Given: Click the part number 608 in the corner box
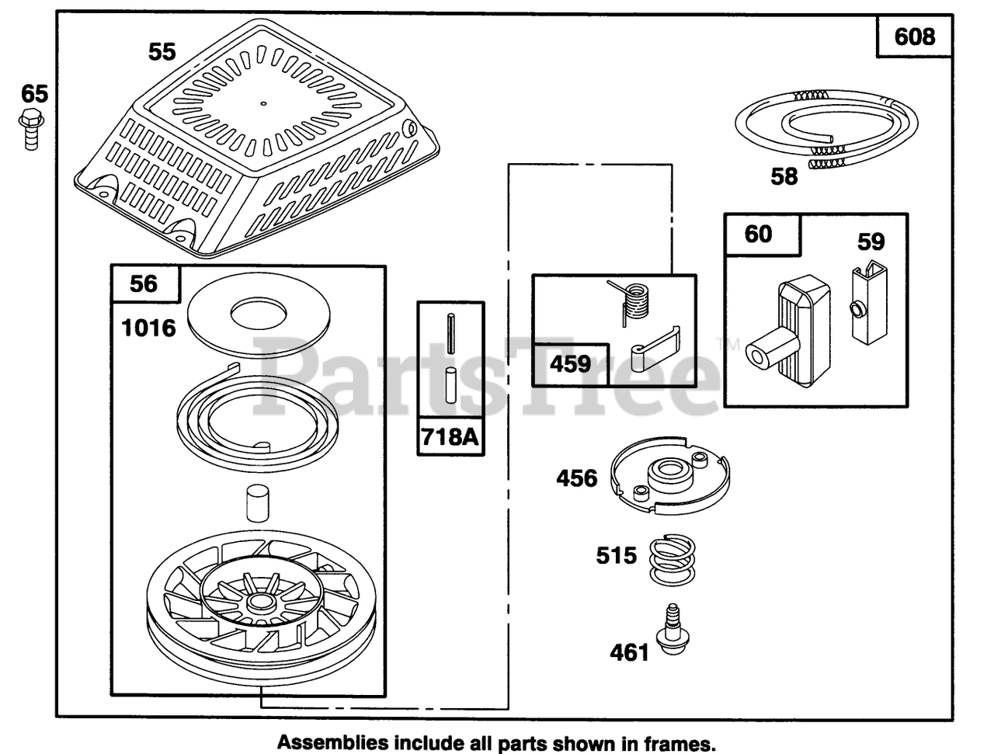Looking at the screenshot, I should [915, 36].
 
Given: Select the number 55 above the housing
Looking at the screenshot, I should [162, 52].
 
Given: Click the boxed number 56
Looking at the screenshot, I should [144, 283].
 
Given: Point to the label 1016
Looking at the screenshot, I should [149, 328].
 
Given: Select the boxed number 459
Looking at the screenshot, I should [571, 363].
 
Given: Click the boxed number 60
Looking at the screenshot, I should [759, 233].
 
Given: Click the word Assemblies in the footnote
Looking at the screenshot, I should [325, 742].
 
